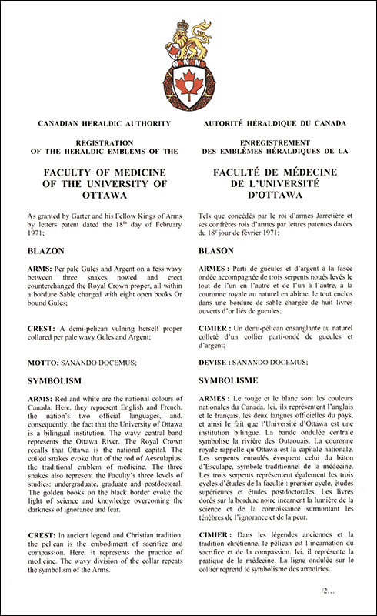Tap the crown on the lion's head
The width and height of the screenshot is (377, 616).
click(184, 32)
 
